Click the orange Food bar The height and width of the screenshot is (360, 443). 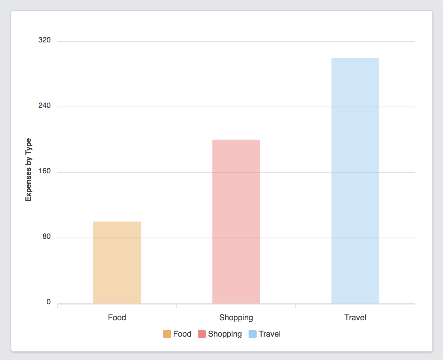117,262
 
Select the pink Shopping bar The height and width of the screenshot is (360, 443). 236,221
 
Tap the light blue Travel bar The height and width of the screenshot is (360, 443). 355,180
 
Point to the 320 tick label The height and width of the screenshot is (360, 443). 44,40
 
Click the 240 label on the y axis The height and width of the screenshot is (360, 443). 44,106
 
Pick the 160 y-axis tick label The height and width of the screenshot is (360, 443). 44,171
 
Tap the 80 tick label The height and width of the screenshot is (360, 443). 46,237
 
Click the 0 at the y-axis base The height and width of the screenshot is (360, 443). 48,302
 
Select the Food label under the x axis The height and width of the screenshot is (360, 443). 117,318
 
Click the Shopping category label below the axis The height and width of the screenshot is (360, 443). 236,318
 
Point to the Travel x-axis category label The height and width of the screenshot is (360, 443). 355,318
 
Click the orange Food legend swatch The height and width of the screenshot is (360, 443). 167,334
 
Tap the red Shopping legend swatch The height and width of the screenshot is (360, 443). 202,334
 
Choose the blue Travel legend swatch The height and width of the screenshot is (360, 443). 253,334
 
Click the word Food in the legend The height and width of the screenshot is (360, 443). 182,334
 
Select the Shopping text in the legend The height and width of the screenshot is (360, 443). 225,334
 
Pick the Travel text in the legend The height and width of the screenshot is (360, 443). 270,334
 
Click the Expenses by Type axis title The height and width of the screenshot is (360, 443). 28,170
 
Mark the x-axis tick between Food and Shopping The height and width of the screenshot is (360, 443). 176,306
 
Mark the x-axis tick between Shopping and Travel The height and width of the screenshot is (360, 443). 296,306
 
